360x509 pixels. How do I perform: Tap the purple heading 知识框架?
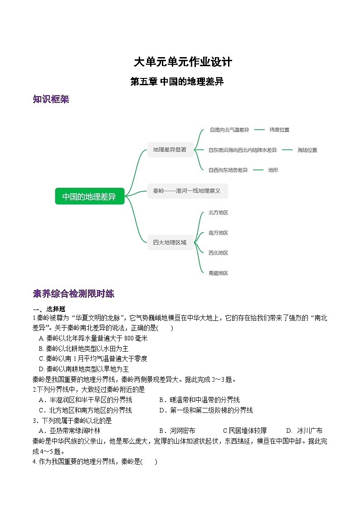coord(51,99)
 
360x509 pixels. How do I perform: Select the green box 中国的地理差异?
coord(89,196)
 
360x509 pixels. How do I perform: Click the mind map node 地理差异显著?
coord(170,150)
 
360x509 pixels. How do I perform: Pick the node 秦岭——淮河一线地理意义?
coord(187,191)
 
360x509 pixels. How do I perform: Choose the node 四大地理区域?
coord(170,242)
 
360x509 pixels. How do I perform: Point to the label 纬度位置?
coord(279,130)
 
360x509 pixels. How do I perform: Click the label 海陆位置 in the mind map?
coord(307,150)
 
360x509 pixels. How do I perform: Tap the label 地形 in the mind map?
coord(273,170)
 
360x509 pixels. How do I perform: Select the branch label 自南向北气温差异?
coord(229,130)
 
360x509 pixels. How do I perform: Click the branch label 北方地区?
coord(218,213)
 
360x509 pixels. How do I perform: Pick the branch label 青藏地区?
coord(218,273)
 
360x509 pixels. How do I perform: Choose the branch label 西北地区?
coord(218,253)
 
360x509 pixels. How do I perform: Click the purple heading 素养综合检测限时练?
coord(73,294)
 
